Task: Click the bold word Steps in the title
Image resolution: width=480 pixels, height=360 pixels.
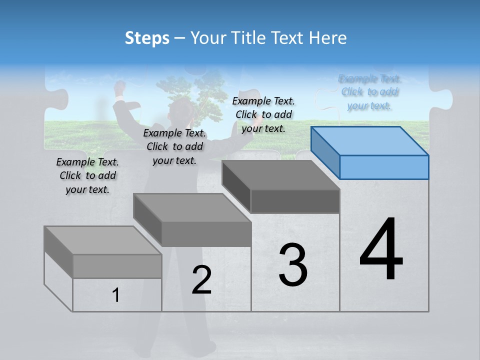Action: click(x=147, y=38)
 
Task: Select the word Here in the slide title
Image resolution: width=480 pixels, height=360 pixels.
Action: click(x=327, y=38)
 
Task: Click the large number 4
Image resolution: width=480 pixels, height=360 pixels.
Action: click(x=381, y=249)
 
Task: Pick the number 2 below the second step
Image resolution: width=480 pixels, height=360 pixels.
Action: click(x=201, y=280)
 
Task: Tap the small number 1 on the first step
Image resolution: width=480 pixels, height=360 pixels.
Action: click(x=116, y=295)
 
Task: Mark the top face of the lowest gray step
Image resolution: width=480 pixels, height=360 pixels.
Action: click(x=103, y=240)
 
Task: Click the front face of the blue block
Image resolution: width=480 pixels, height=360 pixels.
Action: click(x=384, y=167)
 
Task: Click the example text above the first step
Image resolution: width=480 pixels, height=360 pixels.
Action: click(x=87, y=175)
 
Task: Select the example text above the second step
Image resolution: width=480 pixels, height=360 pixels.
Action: click(x=174, y=146)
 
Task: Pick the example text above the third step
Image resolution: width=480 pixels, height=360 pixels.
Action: click(x=263, y=114)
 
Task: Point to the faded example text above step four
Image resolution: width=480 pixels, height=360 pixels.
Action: click(x=370, y=92)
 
